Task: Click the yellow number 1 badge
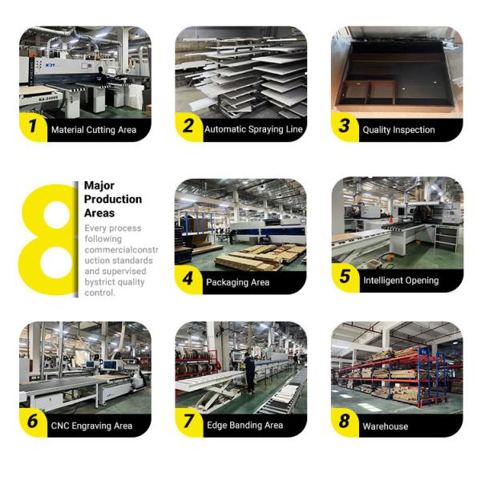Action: pos(33,127)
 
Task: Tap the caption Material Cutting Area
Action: pos(94,130)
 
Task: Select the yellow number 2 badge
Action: pos(188,127)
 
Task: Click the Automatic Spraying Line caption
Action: pos(253,129)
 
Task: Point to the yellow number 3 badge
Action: pos(345,127)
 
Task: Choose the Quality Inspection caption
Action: pos(398,130)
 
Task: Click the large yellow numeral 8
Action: pos(48,240)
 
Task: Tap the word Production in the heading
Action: pos(113,200)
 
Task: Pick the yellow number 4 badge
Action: pos(188,280)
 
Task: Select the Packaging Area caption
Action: pos(238,282)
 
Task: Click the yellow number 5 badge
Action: pos(346,277)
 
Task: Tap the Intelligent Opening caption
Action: pos(401,281)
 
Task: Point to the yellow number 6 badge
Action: pos(33,422)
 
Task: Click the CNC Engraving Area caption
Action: pos(91,426)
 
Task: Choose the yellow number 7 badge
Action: pos(188,422)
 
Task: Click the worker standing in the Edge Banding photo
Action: pos(249,373)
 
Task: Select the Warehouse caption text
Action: pos(386,426)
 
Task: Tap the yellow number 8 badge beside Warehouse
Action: pos(345,422)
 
